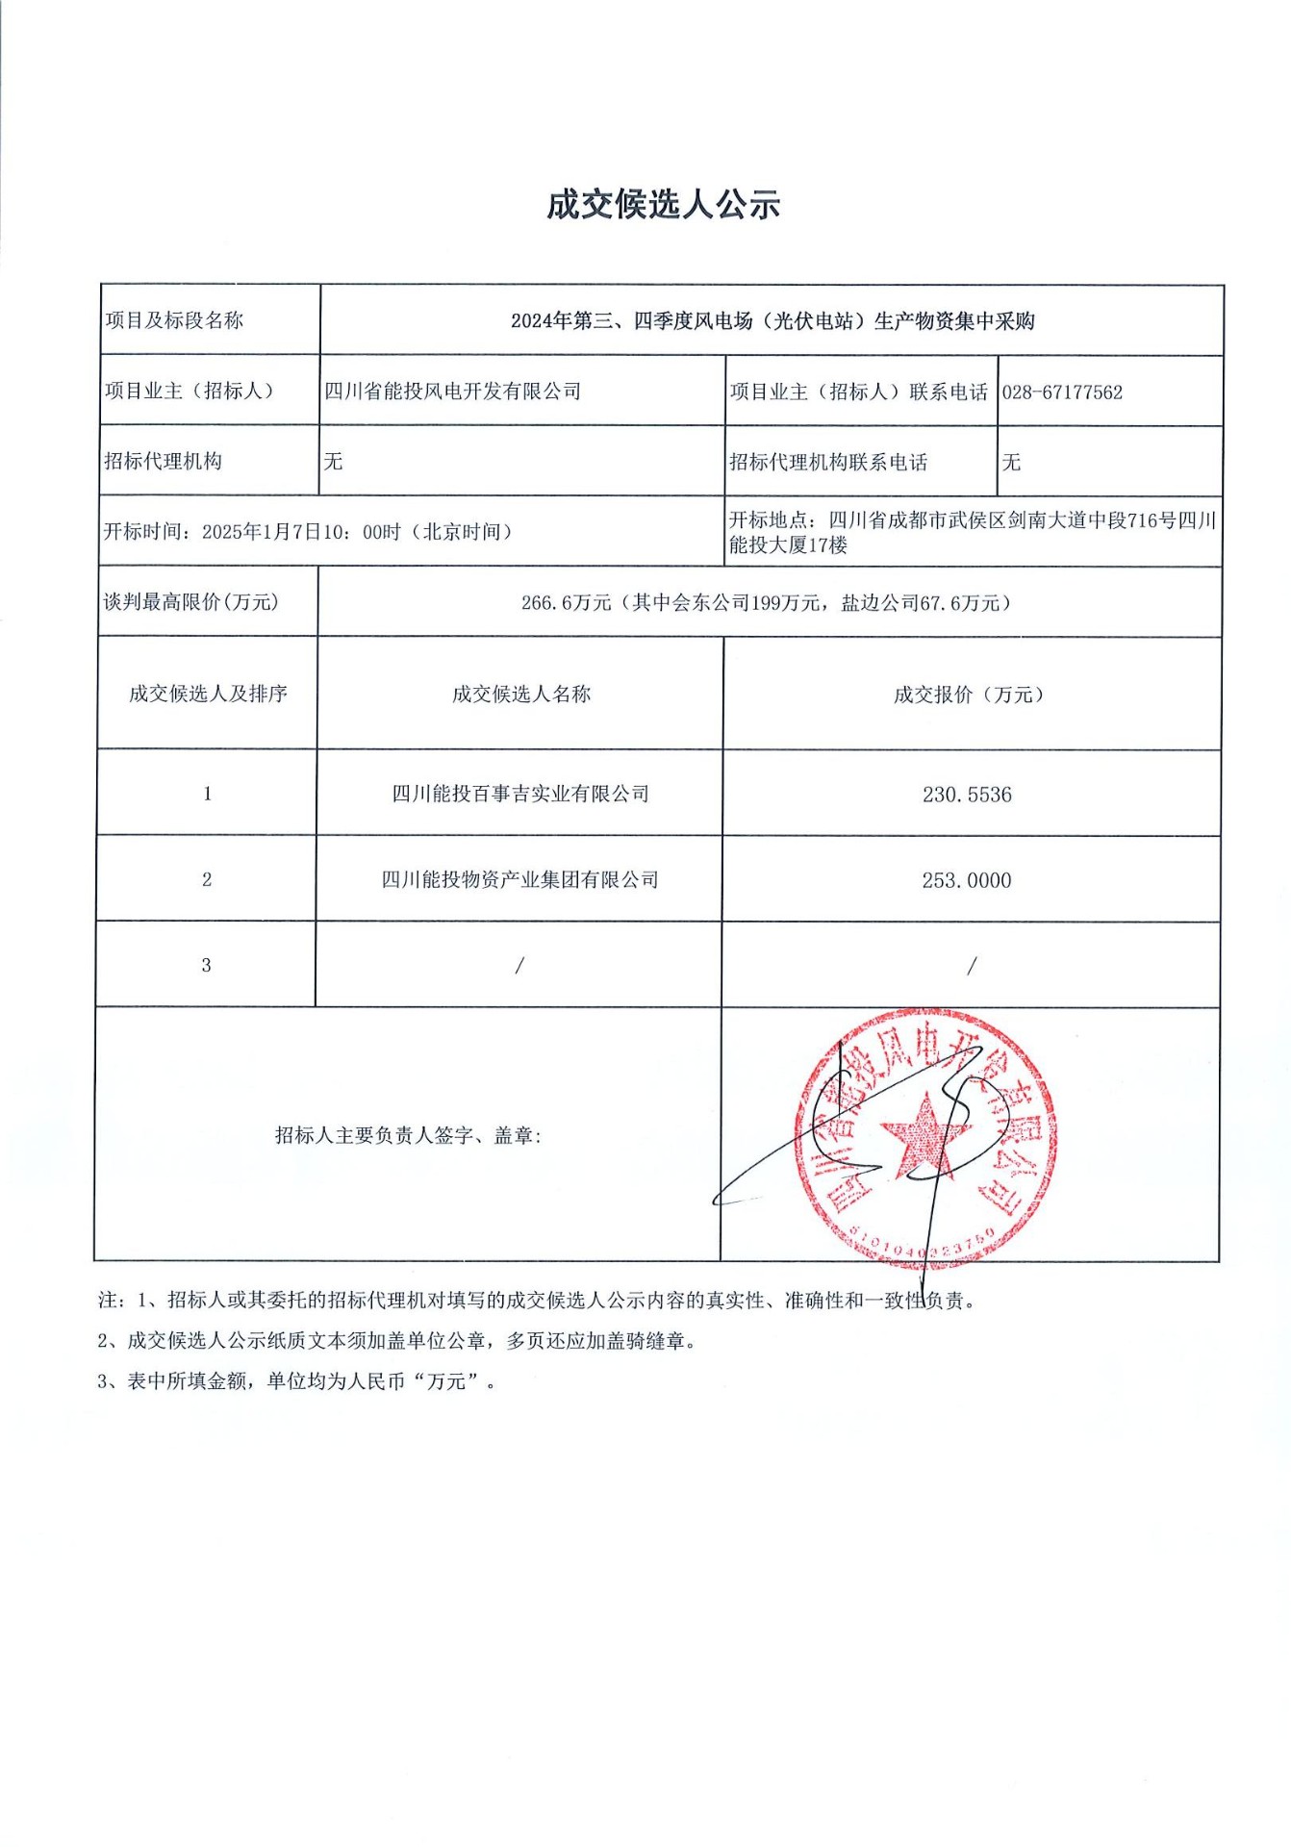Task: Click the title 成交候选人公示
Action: click(663, 204)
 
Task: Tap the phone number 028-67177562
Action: click(1062, 392)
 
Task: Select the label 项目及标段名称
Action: click(174, 320)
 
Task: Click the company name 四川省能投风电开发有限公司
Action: click(453, 392)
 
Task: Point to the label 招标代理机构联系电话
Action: click(828, 463)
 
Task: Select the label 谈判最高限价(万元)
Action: click(191, 602)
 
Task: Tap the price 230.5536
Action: click(967, 795)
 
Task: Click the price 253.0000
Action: click(967, 880)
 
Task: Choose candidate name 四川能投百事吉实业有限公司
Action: click(520, 794)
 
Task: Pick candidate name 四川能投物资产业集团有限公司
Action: click(520, 879)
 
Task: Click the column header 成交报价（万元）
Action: click(969, 695)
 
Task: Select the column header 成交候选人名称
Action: click(521, 695)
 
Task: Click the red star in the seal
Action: click(922, 1136)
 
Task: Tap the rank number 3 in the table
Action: click(206, 965)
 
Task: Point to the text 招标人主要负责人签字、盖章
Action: click(408, 1135)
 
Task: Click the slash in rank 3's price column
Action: click(972, 965)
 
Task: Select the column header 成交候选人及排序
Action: click(208, 694)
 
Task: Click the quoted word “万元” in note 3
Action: click(446, 1381)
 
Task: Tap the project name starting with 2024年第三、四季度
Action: click(772, 321)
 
